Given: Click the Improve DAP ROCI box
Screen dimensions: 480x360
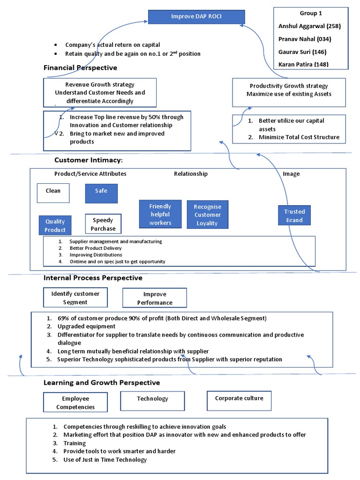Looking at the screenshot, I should [x=196, y=17].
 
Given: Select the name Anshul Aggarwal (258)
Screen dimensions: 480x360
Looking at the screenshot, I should [x=309, y=26].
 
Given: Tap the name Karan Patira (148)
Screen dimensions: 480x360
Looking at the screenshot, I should [x=303, y=64].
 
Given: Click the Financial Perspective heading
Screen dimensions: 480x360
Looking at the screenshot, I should [x=80, y=67].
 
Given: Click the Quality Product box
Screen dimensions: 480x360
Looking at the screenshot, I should [x=55, y=225].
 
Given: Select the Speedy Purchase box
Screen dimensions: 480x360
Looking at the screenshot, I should [x=103, y=224].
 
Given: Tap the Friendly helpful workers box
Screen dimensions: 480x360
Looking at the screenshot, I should [x=160, y=214].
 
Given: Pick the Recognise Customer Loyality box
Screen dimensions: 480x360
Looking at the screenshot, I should [x=207, y=215].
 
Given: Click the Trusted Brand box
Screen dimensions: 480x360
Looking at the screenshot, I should [x=294, y=216].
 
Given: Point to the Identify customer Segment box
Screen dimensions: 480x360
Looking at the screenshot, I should [x=75, y=298].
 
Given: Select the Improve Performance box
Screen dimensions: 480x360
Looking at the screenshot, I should [x=155, y=298].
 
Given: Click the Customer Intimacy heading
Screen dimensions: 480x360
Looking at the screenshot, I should [x=88, y=160].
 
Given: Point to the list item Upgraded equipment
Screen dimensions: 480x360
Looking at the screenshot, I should [x=86, y=326].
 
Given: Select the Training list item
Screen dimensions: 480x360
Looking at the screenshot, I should [x=75, y=443].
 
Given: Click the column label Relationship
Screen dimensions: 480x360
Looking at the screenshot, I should [x=191, y=174].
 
